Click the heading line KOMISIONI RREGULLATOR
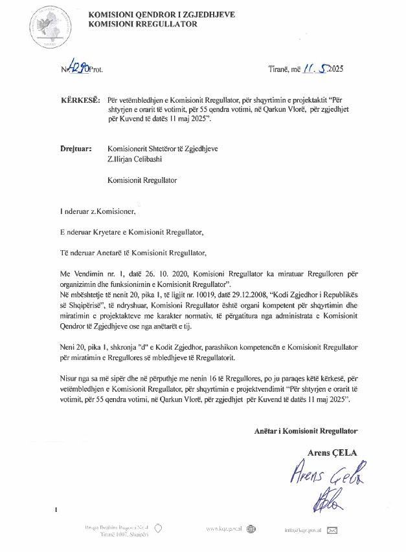pyautogui.click(x=142, y=24)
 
